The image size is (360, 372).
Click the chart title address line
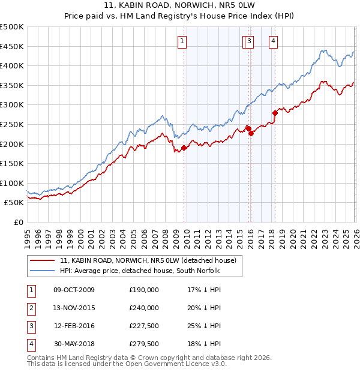tap(179, 6)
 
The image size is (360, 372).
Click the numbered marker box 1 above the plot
tap(182, 41)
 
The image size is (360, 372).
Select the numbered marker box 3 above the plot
tap(249, 41)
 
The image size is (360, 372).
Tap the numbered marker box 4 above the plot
tap(273, 41)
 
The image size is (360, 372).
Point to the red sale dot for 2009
tap(184, 148)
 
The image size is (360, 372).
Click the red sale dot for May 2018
tap(275, 113)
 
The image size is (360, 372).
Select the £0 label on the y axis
tap(18, 222)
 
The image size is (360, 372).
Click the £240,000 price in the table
tap(144, 308)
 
